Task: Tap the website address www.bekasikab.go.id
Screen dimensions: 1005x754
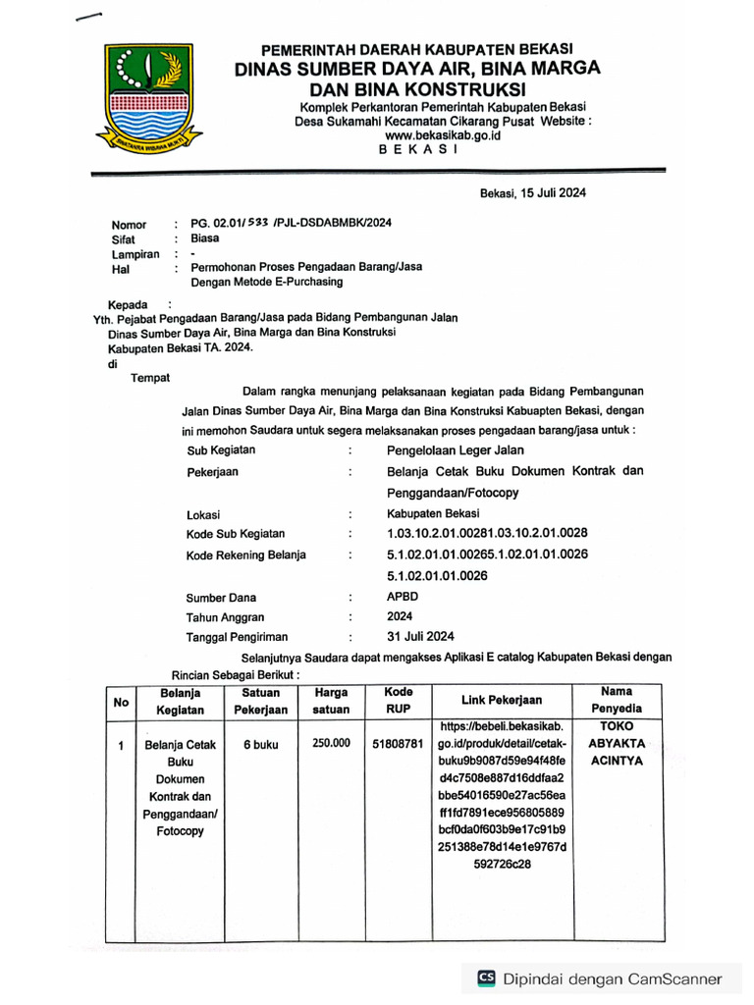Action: point(442,135)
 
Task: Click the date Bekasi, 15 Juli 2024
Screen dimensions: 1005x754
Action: point(533,193)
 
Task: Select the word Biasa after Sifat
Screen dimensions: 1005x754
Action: point(205,238)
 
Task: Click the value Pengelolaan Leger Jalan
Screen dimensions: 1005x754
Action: point(456,450)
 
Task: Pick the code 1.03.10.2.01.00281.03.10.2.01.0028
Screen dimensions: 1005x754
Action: point(487,533)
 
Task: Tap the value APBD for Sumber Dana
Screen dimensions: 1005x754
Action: point(404,596)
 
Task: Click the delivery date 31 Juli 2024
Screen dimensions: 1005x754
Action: point(420,636)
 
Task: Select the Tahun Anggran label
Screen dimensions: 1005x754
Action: point(225,617)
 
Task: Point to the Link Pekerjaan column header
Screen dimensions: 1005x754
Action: point(502,700)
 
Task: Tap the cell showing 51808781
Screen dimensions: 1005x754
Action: point(398,745)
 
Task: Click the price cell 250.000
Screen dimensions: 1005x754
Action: point(332,744)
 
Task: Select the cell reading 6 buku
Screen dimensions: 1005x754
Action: point(260,745)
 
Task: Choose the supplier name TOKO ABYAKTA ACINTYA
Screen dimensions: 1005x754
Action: point(617,744)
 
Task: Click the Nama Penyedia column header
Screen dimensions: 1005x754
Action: point(617,700)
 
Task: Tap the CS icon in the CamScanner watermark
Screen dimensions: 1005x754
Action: point(486,979)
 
